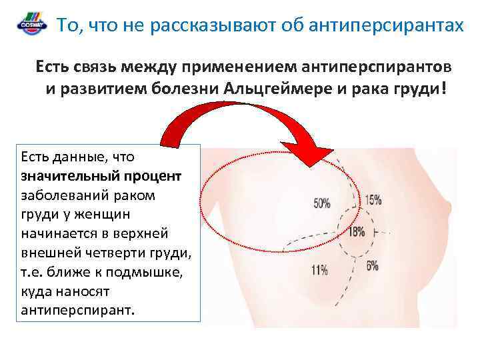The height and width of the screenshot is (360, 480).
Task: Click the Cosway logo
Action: pos(31,26)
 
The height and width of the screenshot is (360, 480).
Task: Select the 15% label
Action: pos(373,199)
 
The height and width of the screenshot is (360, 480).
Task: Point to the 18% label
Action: pos(357,232)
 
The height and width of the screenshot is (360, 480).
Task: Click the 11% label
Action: pos(319,270)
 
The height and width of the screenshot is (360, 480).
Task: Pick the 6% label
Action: pos(372,265)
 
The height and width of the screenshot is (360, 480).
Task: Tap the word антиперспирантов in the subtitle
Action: pos(377,67)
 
